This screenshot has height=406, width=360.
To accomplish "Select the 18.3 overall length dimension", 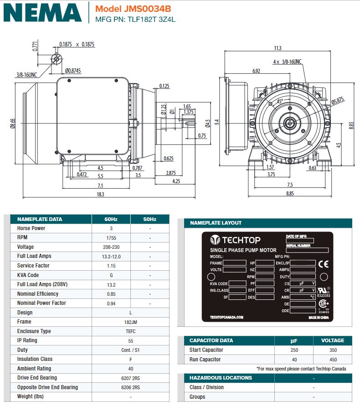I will click(100, 195).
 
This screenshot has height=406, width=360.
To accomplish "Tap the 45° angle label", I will click(280, 101).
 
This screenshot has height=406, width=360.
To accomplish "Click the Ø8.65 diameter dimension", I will click(13, 123).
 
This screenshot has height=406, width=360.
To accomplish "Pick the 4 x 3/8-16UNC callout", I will click(287, 62).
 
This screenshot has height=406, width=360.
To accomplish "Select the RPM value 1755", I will click(111, 238).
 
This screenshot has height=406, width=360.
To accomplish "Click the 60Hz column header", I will click(111, 219).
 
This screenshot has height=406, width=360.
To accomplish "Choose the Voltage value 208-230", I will click(111, 247).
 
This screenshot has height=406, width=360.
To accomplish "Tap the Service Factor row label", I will click(33, 266).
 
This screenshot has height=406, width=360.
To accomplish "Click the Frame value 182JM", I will click(131, 322).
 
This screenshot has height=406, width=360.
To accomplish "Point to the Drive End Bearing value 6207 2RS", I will click(131, 378).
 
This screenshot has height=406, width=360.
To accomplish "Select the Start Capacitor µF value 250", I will click(294, 350).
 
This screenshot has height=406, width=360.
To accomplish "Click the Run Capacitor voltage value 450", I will click(333, 360).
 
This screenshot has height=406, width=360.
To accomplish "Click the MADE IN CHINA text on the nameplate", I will click(319, 317).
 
